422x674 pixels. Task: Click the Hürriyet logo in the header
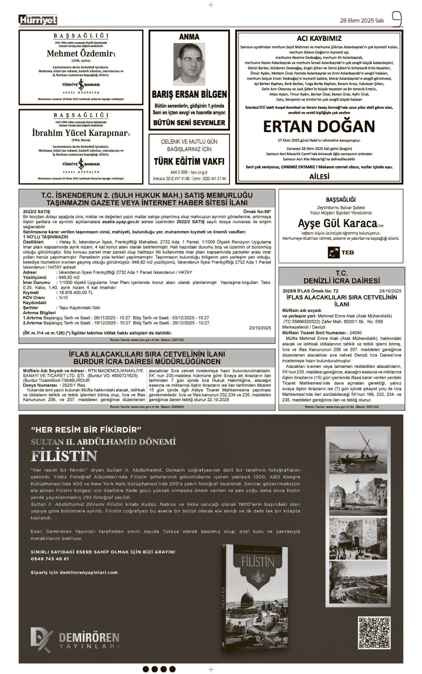point(38,20)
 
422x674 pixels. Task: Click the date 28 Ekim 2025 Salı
point(361,21)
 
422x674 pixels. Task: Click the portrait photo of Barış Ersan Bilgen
point(189,64)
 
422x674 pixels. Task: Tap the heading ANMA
point(189,37)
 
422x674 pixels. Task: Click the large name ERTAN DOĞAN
point(319,126)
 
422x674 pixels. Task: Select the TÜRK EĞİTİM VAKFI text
point(189,161)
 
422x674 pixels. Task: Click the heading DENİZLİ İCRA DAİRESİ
point(341,281)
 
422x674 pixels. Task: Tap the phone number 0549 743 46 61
point(50,559)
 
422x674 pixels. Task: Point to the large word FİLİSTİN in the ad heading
point(64,456)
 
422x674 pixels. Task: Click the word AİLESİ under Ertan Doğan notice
point(319,177)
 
